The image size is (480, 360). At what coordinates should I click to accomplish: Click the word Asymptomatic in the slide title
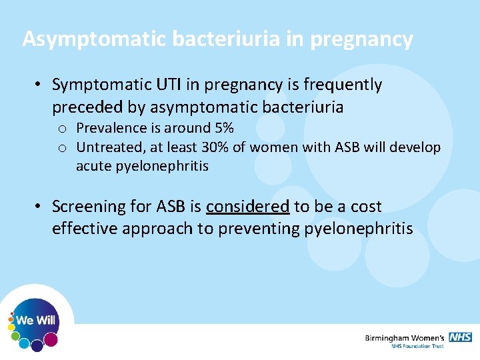pyautogui.click(x=95, y=39)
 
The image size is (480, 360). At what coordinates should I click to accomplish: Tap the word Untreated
pyautogui.click(x=107, y=147)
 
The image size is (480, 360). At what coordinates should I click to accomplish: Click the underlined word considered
pyautogui.click(x=247, y=207)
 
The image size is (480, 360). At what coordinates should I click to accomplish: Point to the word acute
pyautogui.click(x=93, y=166)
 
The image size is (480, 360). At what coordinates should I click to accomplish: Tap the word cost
pyautogui.click(x=366, y=207)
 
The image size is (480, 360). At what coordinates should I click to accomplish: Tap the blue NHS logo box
pyautogui.click(x=460, y=337)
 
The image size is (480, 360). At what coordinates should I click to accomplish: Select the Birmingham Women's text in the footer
pyautogui.click(x=405, y=338)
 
